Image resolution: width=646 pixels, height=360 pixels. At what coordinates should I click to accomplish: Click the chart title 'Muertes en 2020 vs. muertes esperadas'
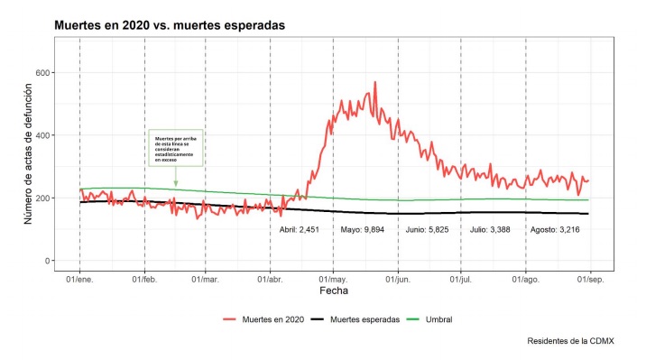coord(170,25)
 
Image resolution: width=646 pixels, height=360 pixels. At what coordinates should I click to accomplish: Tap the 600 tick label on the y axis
coord(40,72)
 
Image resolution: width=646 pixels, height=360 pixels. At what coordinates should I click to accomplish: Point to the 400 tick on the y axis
coord(40,135)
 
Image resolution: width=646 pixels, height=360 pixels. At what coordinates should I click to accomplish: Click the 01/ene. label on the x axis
coord(80,279)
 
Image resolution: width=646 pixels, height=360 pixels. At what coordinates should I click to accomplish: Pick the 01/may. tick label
coord(334,279)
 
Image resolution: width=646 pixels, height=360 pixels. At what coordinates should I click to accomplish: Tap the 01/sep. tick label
coord(589,279)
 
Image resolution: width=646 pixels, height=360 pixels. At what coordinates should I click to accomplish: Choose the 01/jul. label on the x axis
coord(461,279)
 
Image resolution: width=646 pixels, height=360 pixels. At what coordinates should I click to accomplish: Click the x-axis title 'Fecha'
coord(334,291)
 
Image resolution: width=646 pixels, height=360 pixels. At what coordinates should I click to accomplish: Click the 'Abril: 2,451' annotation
coord(300,230)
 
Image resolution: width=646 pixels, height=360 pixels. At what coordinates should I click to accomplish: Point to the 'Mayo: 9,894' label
coord(364,230)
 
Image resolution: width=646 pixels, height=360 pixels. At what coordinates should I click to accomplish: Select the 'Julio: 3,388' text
coord(491,230)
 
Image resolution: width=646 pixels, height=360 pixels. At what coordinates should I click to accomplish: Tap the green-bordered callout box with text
coord(176,148)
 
